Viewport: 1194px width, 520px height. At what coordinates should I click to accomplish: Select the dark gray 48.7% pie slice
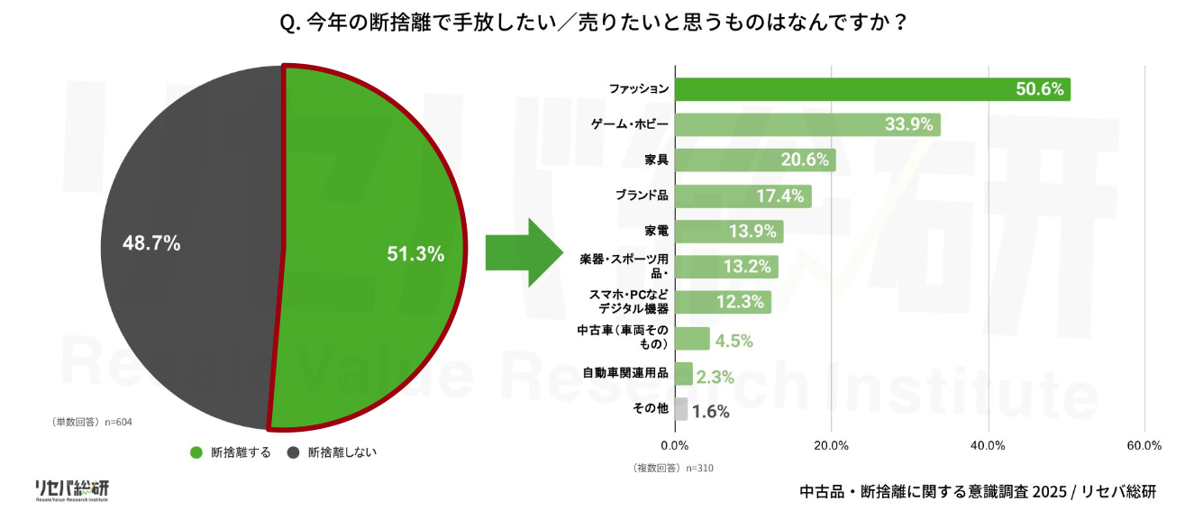click(x=189, y=243)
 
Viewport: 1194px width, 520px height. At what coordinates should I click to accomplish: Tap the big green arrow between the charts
click(x=524, y=253)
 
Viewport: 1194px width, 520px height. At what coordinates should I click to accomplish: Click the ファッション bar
click(x=872, y=89)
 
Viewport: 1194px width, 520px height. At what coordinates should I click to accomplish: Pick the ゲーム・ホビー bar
click(x=807, y=124)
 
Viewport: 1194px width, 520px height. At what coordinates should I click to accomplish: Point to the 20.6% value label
click(x=804, y=160)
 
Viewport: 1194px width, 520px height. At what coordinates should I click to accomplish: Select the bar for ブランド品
click(x=743, y=196)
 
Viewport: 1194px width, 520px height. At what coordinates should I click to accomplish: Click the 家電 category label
click(x=657, y=231)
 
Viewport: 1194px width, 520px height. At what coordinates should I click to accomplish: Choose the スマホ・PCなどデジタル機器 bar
click(x=723, y=302)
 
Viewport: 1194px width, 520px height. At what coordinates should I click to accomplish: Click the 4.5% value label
click(x=734, y=341)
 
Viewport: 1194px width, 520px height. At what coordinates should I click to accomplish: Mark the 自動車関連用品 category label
click(x=625, y=373)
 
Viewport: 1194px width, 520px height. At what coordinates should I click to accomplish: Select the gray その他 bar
click(x=680, y=409)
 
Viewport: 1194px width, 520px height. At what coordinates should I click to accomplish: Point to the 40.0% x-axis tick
click(x=988, y=445)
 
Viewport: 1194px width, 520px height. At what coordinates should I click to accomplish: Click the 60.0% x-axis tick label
click(x=1144, y=445)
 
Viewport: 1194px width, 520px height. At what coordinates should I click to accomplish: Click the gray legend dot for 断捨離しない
click(x=293, y=452)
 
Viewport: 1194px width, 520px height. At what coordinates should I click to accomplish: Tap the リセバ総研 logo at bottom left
click(x=71, y=489)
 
